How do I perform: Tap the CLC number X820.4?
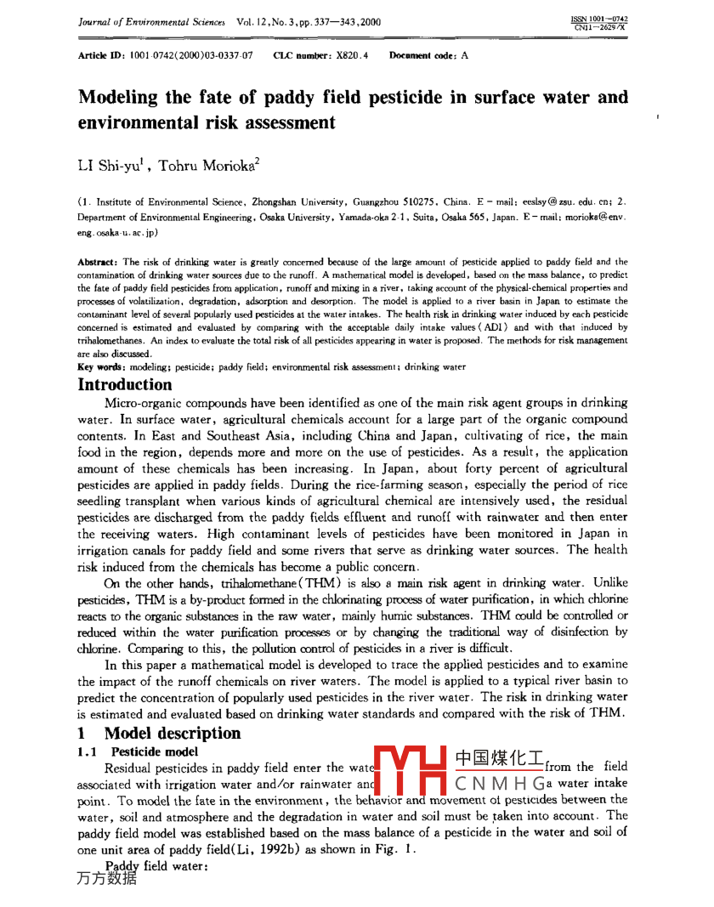(x=351, y=55)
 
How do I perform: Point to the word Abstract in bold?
(x=98, y=263)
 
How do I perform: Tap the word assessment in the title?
(x=285, y=122)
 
